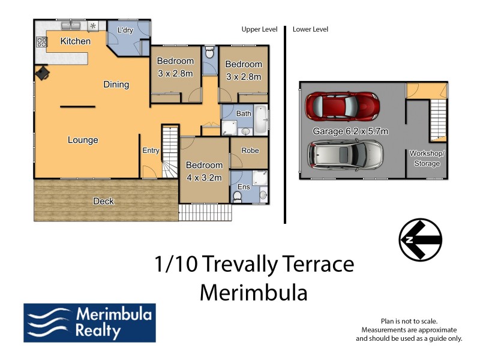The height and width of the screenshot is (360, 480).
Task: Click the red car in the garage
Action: coord(343,106)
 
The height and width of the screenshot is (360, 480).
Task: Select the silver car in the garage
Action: coord(346,155)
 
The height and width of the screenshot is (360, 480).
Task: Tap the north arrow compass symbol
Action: coord(421,240)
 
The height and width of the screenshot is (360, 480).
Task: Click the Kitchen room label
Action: coord(76,41)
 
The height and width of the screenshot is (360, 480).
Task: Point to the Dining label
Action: coord(116,85)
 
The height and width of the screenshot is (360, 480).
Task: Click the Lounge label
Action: coord(83,140)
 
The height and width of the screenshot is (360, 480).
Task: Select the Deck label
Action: coord(103,201)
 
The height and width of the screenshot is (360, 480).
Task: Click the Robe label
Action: coord(250,150)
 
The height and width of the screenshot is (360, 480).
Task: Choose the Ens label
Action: coord(244,187)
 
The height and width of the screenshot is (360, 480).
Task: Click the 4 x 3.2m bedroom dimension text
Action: coord(204,178)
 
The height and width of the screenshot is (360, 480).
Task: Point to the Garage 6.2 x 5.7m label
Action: coord(350,131)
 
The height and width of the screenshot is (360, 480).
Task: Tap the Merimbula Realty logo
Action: coord(89,322)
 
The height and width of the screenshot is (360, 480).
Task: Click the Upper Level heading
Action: coord(259,29)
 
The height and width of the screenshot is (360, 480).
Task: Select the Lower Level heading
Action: coord(310,29)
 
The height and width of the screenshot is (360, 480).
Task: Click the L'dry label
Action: coord(125,31)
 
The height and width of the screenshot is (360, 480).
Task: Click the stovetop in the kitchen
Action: coord(42,42)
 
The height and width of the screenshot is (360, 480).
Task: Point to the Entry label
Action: coord(150,151)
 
